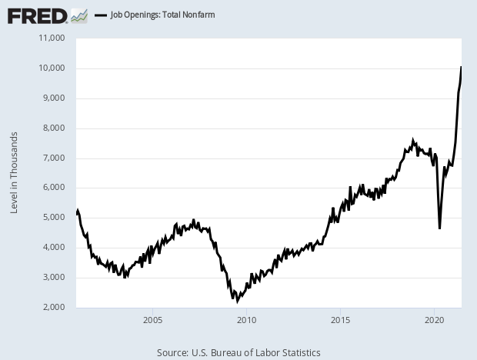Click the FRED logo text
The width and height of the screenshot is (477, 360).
(x=36, y=15)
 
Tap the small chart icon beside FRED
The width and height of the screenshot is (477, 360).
(x=78, y=15)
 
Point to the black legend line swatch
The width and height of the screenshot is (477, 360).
(x=100, y=15)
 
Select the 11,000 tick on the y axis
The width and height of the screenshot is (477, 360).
(x=52, y=38)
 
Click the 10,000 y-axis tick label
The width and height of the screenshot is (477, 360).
(x=52, y=68)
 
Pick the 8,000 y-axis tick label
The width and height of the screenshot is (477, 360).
(x=54, y=128)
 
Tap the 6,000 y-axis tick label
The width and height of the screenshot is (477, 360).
(x=54, y=188)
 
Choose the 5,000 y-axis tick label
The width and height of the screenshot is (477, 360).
(x=54, y=218)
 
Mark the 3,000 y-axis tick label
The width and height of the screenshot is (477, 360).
(x=54, y=278)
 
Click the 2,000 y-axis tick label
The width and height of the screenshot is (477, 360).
(x=54, y=308)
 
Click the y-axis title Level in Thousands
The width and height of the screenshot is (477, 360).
(x=14, y=173)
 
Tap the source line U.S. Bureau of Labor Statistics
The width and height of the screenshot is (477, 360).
(x=239, y=352)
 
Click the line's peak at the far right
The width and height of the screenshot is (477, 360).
(x=461, y=67)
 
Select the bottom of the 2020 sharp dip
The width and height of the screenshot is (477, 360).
(x=439, y=228)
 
